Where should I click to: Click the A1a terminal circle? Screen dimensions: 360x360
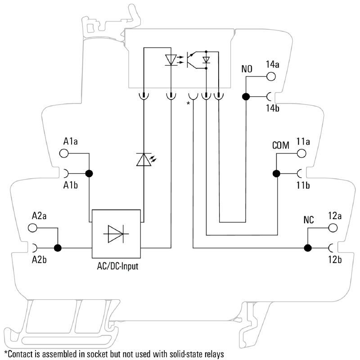pos(64,153)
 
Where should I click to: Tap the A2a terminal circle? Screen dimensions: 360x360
pos(33,228)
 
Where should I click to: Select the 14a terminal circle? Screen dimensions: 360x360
pos(271,76)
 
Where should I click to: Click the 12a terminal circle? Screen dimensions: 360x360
pos(333,228)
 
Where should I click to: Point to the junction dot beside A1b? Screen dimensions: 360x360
pos(89,173)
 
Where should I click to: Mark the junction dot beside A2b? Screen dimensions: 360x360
pos(58,247)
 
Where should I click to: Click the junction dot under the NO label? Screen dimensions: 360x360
pos(246,96)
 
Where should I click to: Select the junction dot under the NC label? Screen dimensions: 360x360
pos(308,247)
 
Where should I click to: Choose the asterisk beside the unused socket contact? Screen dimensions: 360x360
pos(189,103)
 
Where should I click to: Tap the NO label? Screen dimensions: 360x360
pos(247,69)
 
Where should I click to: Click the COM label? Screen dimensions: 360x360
pos(280,146)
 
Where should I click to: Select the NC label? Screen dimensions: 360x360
pos(309,220)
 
